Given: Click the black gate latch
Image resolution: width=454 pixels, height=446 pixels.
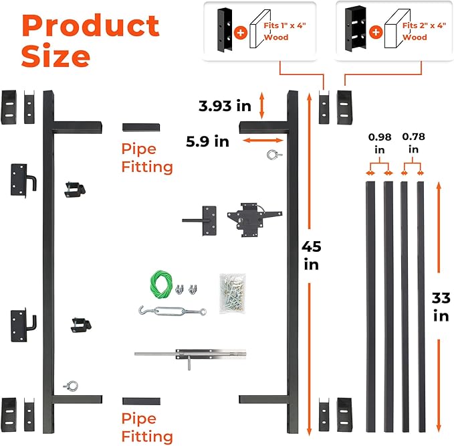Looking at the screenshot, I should (x=249, y=219).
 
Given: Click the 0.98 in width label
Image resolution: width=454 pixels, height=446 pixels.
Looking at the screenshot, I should (x=378, y=143).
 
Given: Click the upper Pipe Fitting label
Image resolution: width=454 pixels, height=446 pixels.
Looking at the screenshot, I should (x=147, y=158).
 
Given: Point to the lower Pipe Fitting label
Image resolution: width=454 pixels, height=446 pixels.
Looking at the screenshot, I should (x=147, y=427).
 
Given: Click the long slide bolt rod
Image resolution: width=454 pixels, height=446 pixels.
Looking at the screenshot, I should (x=194, y=353).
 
